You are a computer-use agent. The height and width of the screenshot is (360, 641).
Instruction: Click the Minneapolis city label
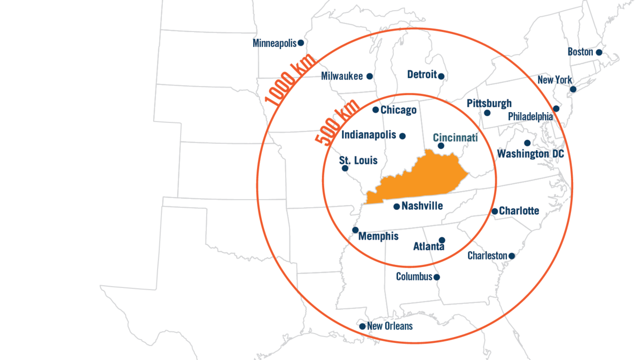click(275, 43)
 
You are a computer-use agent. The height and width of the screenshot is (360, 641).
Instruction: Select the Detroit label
click(422, 75)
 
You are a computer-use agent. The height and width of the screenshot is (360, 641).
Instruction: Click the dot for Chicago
click(376, 110)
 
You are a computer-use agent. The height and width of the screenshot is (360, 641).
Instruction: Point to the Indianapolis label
click(369, 135)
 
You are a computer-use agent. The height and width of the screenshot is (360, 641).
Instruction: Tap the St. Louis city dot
click(345, 168)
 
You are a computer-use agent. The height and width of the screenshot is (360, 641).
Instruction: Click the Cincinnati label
click(455, 138)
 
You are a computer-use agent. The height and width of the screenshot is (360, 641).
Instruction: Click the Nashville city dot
click(396, 207)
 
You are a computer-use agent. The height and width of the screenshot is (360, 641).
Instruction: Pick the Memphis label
click(378, 236)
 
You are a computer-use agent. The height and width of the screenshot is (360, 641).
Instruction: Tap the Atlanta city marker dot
click(442, 240)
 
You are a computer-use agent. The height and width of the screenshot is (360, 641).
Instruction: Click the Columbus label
click(414, 277)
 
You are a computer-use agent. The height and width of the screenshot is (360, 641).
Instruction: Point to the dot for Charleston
click(511, 256)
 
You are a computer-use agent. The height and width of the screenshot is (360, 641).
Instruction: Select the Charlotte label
click(519, 211)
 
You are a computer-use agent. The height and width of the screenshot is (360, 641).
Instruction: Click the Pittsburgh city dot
click(487, 113)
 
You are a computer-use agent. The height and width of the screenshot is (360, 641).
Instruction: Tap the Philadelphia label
click(530, 116)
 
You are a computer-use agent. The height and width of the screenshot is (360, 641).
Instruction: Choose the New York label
click(554, 80)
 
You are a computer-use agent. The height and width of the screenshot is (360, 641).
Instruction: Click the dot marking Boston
click(599, 52)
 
